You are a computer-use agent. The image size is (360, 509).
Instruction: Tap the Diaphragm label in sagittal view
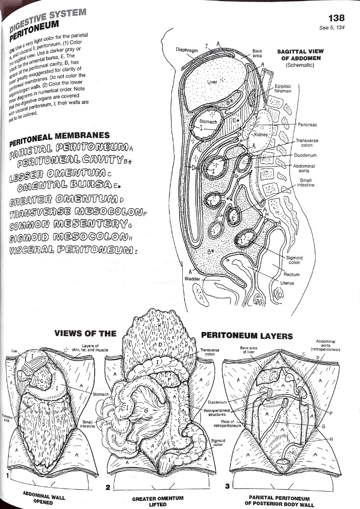[186, 50]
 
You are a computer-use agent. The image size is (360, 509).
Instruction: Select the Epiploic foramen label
[283, 89]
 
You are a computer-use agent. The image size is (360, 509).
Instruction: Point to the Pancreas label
[308, 123]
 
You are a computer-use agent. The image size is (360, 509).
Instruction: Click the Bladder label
[192, 278]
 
